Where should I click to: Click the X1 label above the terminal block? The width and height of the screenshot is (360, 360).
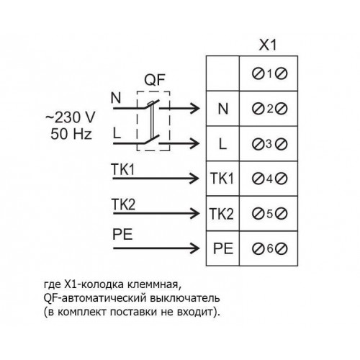click(268, 45)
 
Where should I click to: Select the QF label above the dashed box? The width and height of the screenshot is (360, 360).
click(155, 80)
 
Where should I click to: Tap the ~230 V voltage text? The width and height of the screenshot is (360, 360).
click(71, 117)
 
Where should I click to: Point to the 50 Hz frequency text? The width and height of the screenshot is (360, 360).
click(71, 134)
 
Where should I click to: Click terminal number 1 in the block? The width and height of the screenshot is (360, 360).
click(270, 73)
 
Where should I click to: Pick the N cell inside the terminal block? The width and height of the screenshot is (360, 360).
click(223, 109)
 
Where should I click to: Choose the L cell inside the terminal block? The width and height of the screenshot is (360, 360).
click(222, 144)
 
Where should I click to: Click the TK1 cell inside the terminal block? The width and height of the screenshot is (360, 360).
click(222, 179)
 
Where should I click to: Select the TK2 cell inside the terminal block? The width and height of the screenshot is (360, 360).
click(222, 214)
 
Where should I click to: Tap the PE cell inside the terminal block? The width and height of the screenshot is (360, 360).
click(223, 248)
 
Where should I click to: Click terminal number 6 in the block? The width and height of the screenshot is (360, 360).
click(270, 248)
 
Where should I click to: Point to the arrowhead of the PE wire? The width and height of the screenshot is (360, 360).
click(194, 248)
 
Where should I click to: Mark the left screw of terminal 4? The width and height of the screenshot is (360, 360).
click(258, 179)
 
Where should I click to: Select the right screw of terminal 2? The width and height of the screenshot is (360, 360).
click(282, 109)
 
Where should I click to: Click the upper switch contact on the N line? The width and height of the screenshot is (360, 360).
click(152, 104)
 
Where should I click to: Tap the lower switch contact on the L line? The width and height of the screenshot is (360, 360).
click(152, 140)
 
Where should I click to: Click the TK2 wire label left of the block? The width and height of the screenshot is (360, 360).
click(123, 204)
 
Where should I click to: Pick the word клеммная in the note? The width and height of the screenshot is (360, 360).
click(152, 285)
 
